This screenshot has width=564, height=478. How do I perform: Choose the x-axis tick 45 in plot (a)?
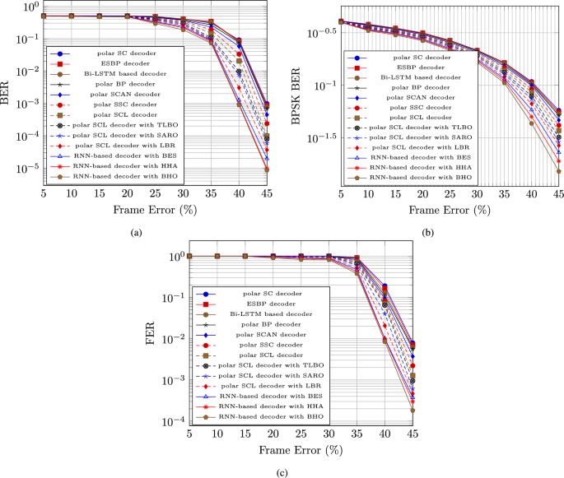coord(266,192)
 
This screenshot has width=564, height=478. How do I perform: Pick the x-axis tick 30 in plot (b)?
coord(477,192)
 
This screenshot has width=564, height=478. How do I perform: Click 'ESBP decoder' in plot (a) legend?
coord(118,63)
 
